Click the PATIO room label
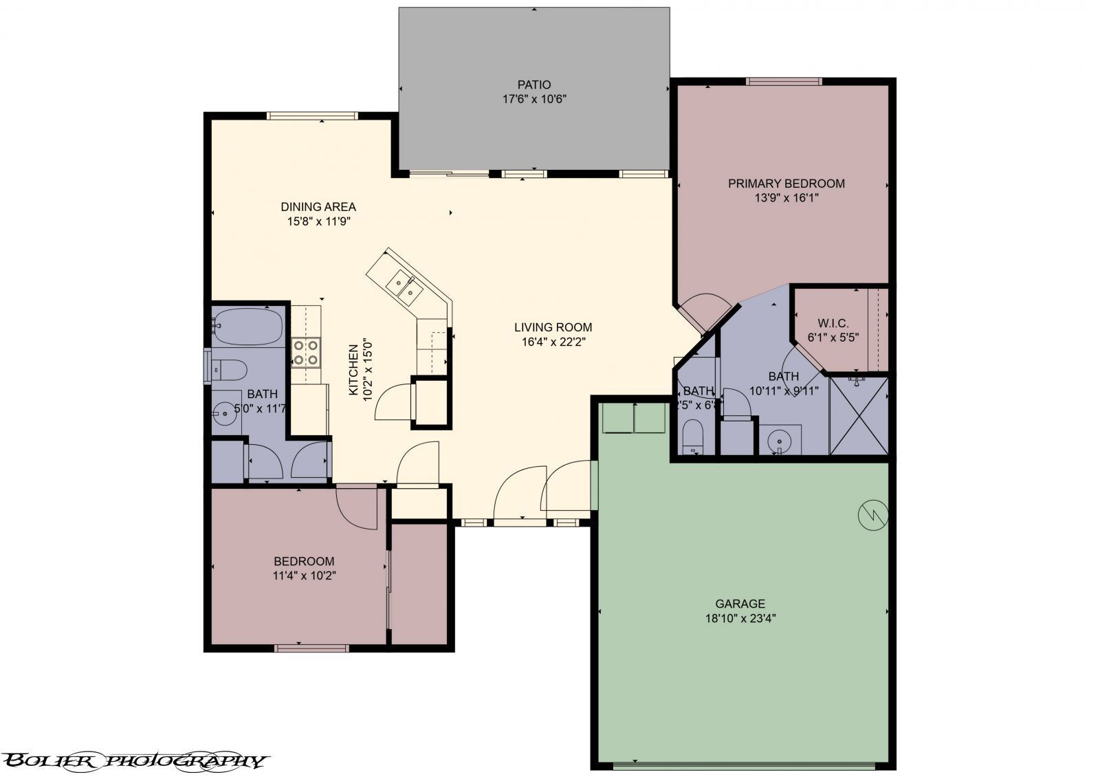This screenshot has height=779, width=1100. click(x=534, y=85)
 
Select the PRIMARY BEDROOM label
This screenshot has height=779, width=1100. click(x=786, y=184)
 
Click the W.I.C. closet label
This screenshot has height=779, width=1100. click(x=833, y=323)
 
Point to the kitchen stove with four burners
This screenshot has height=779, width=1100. click(x=305, y=352)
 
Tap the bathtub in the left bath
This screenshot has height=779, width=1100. click(x=247, y=326)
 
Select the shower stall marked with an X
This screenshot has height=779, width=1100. click(x=859, y=415)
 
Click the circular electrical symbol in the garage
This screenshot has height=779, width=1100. click(x=873, y=513)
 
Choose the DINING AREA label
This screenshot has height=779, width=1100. click(x=318, y=206)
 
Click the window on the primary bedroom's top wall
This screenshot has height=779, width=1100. click(x=784, y=81)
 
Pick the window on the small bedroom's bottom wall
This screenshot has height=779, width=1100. click(x=311, y=647)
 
